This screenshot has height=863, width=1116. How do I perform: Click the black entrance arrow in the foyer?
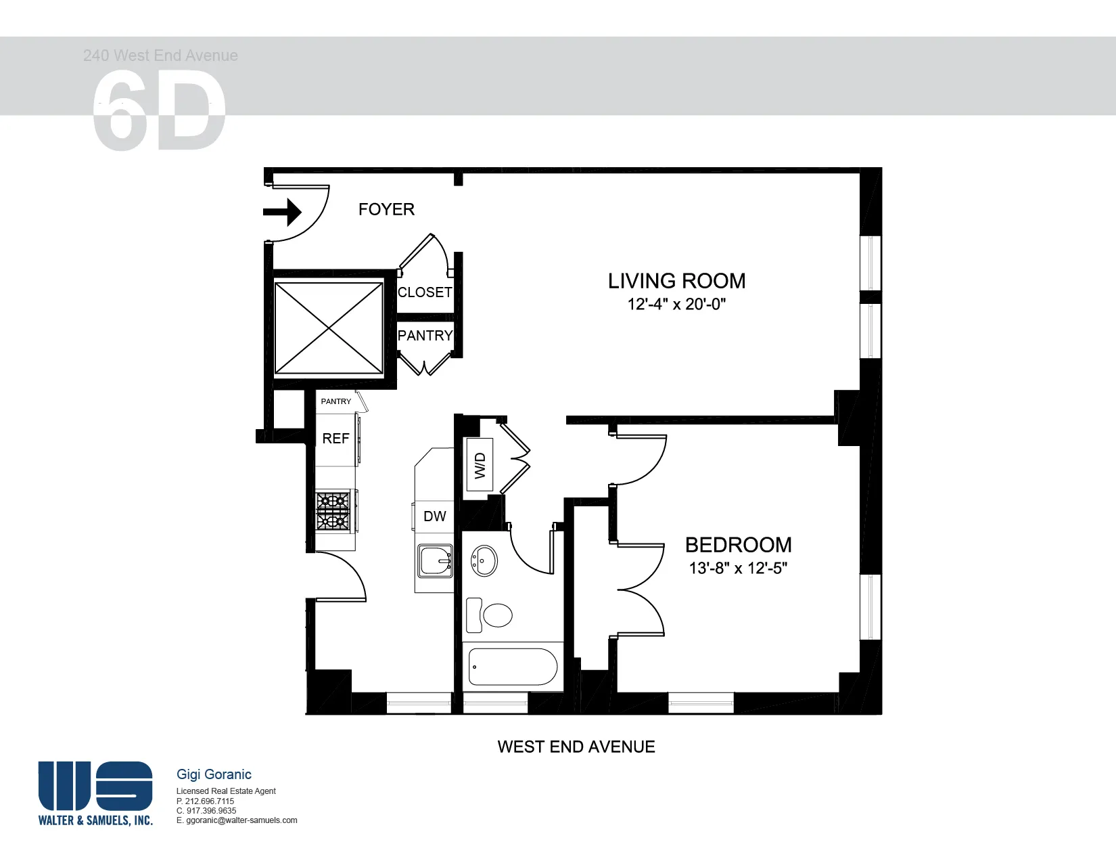[283, 212]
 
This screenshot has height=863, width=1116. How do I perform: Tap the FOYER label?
[386, 210]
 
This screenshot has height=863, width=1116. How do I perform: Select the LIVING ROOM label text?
[676, 281]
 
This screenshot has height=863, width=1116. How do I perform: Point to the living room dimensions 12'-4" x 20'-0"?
[676, 305]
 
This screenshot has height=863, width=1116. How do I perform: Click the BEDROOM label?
[738, 545]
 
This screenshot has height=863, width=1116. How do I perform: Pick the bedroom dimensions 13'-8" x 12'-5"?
[738, 569]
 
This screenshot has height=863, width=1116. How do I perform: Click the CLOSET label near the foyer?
[425, 292]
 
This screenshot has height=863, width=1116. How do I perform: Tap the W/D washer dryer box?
[480, 464]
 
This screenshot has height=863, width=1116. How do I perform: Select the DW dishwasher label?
[434, 516]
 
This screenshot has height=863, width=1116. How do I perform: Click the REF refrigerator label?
[335, 439]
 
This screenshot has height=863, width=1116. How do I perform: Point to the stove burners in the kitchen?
[333, 511]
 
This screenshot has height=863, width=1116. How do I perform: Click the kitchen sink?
[435, 561]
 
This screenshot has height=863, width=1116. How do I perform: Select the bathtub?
[513, 667]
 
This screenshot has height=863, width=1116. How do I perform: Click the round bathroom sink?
[484, 560]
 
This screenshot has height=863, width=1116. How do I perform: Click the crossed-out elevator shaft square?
[329, 328]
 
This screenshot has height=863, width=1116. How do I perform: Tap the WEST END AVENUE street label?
[576, 747]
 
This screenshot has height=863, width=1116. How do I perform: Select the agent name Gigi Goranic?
[214, 774]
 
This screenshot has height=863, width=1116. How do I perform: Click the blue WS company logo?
[95, 786]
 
